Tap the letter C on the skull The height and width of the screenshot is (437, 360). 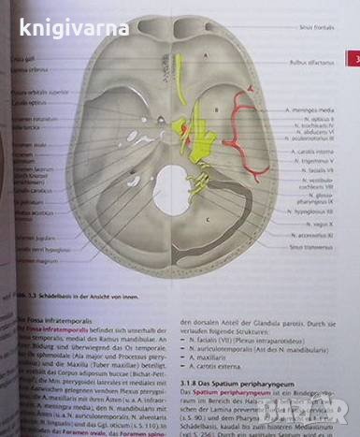206,219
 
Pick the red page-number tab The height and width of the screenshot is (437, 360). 354,60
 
